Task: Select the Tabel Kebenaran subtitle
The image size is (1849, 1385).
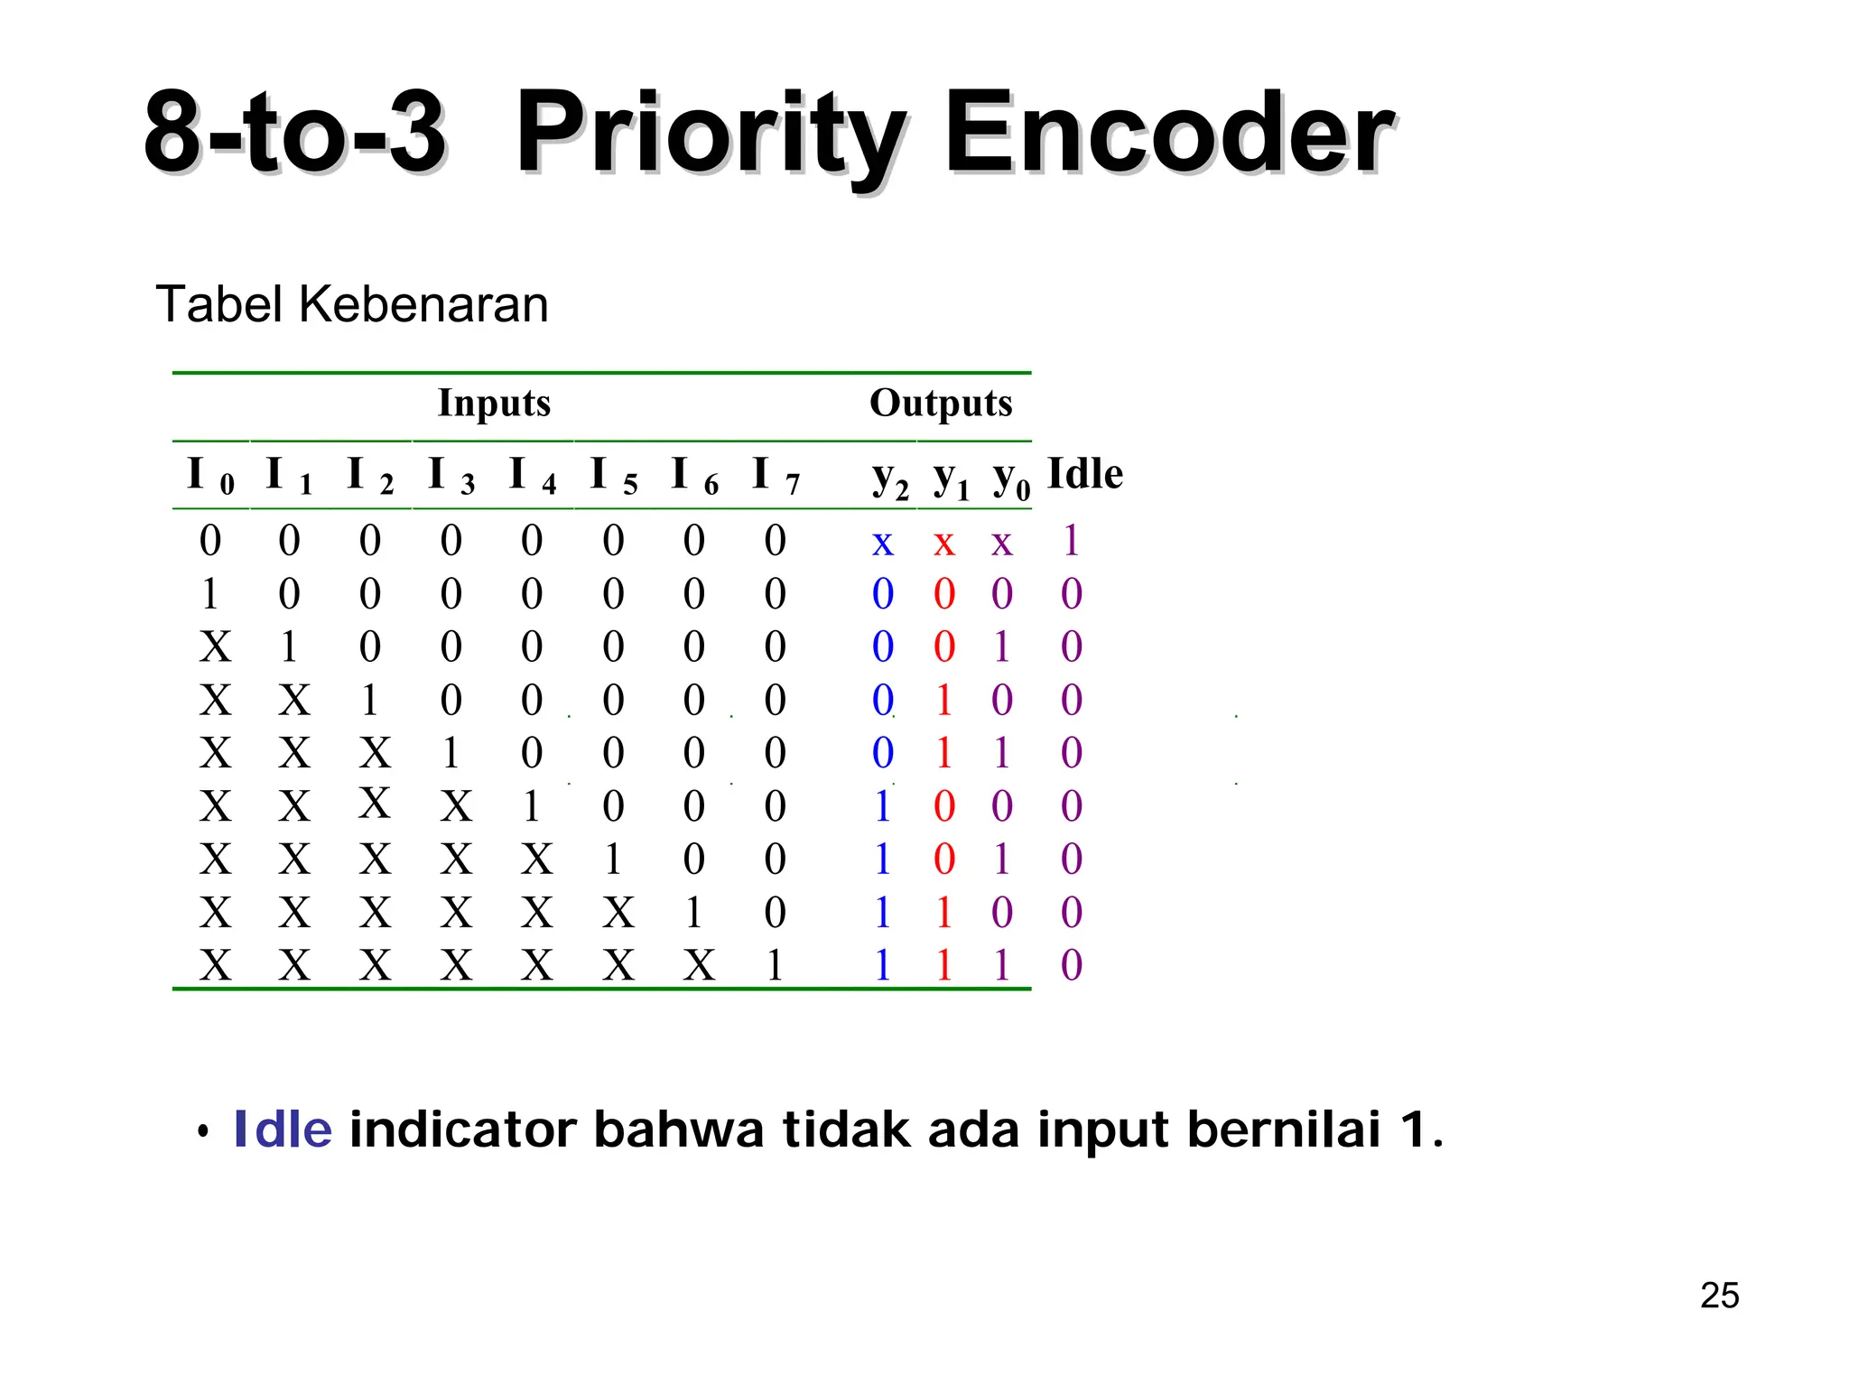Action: (352, 304)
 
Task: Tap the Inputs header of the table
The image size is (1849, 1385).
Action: (494, 403)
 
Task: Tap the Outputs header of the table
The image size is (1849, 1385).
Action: (941, 403)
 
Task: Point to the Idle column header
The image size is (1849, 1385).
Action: (1084, 474)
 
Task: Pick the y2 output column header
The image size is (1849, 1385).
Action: (889, 477)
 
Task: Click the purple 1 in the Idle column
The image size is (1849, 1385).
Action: (1072, 541)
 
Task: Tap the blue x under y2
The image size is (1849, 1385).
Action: (882, 543)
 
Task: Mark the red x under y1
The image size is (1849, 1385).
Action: (943, 543)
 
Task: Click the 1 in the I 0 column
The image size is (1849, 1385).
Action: (210, 594)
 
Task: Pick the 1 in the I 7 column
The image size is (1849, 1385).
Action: (775, 965)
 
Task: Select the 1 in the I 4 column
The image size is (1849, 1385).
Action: (532, 805)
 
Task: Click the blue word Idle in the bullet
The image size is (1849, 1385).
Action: (283, 1129)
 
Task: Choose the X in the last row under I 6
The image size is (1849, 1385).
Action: (699, 965)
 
